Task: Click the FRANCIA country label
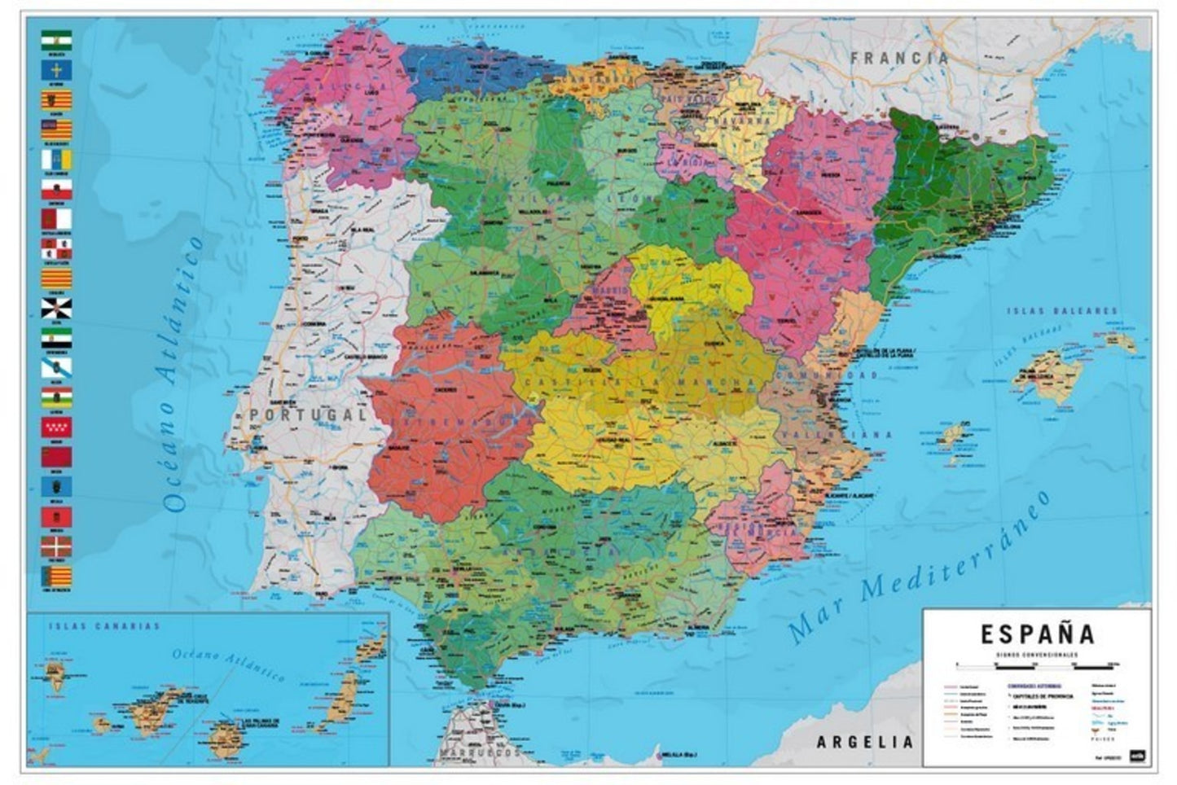(x=900, y=58)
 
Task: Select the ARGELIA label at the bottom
(x=864, y=742)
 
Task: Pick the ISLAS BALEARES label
(x=1062, y=311)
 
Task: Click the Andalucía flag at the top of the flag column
(x=56, y=41)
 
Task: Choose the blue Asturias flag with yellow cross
(x=56, y=70)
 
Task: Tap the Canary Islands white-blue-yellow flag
(x=56, y=159)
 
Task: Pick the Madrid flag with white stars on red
(x=56, y=427)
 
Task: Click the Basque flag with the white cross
(x=56, y=545)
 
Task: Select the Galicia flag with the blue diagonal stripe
(x=56, y=368)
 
